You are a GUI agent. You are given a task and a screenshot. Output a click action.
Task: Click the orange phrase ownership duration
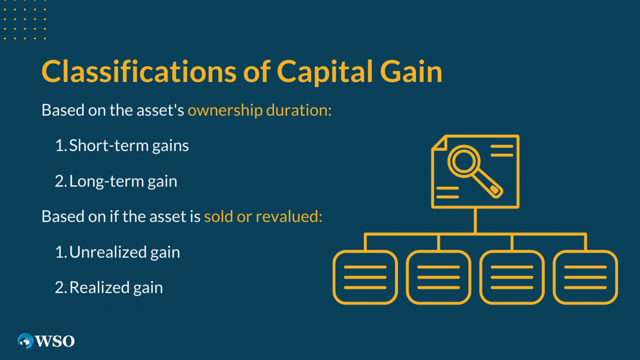pos(259,110)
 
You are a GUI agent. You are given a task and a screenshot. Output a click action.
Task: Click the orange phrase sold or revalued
pos(263,216)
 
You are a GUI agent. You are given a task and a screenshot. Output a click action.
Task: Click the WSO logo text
pos(56,340)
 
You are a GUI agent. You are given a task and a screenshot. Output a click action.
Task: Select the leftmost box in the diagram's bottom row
pos(365,277)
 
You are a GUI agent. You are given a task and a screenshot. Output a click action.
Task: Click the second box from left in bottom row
pos(438,277)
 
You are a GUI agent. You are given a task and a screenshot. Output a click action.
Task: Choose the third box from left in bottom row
pos(512,277)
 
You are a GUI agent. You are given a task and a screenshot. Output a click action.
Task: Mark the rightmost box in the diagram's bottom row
pos(586,277)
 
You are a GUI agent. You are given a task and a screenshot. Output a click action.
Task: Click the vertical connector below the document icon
pos(475,220)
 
